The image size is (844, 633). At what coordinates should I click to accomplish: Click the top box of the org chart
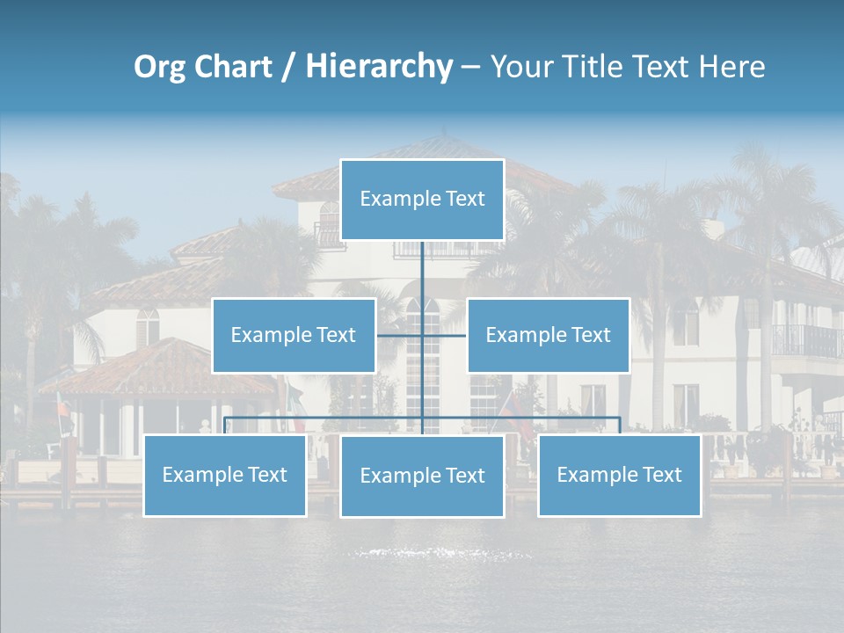(x=422, y=200)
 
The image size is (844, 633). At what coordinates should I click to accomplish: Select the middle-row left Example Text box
(x=294, y=335)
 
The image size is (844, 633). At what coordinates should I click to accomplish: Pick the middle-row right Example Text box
(x=548, y=335)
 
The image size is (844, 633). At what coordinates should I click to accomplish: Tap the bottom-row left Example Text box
(x=225, y=475)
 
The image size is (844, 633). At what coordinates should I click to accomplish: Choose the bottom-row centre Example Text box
(x=422, y=476)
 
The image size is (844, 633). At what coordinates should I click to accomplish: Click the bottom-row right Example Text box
(x=619, y=475)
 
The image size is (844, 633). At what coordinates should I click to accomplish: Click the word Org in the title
(x=159, y=67)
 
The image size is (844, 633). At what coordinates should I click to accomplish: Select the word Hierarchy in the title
(x=379, y=67)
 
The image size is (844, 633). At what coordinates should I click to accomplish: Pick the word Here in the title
(x=731, y=67)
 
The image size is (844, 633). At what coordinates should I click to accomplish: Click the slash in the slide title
(x=289, y=67)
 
